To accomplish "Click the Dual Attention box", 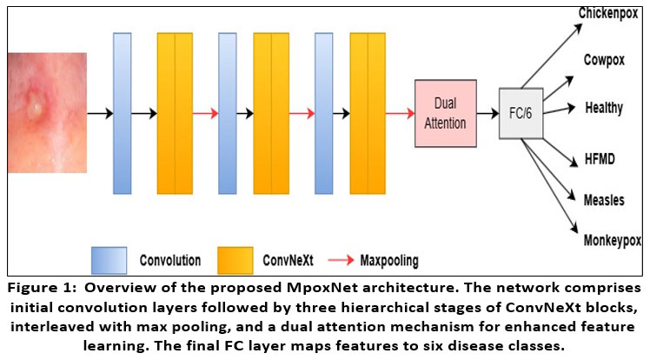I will (444, 113).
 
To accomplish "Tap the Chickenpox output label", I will (609, 14).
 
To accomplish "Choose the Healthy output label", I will (604, 109).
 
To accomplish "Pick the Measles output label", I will (604, 199).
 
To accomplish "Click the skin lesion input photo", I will (47, 114).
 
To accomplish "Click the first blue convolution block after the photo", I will (122, 113).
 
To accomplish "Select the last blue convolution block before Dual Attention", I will (324, 113).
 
